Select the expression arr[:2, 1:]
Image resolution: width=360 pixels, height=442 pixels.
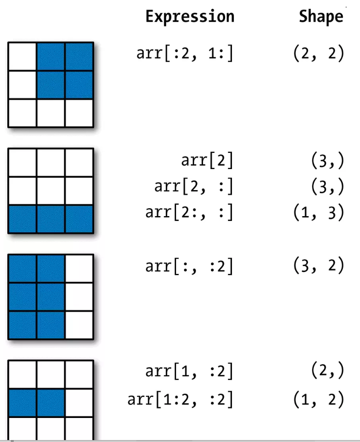click(x=185, y=53)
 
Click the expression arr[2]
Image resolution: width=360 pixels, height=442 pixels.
click(x=207, y=160)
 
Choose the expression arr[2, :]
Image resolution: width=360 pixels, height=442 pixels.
click(x=194, y=186)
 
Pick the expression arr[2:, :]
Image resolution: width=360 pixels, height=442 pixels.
click(x=190, y=212)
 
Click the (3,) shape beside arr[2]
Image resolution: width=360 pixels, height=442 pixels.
click(x=328, y=160)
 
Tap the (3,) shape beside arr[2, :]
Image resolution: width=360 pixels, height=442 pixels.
click(x=328, y=186)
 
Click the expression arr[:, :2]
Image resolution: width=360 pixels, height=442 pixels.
click(x=190, y=266)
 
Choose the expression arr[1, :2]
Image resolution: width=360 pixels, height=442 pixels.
click(x=190, y=371)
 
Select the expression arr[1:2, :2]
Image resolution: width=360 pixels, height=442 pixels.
click(x=180, y=399)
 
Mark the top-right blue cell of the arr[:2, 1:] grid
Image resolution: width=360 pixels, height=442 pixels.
click(x=79, y=56)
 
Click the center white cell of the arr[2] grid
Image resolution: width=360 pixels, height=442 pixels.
click(x=51, y=191)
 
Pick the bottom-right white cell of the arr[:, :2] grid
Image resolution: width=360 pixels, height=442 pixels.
click(x=79, y=325)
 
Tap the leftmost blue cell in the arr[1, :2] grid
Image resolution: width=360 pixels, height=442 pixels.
click(x=23, y=402)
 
